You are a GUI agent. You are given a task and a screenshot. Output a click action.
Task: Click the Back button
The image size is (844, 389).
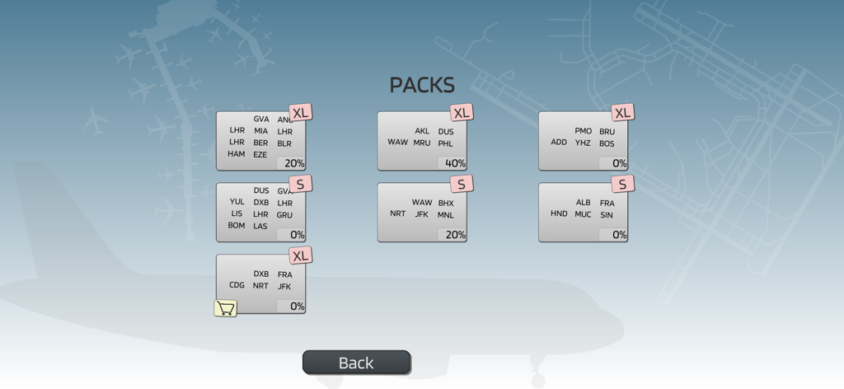point(356,363)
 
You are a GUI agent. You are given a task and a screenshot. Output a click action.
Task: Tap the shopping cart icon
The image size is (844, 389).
point(226,308)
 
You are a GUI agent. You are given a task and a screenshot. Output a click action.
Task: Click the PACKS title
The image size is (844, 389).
point(422,85)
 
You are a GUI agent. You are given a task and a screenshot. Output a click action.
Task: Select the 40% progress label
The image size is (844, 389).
point(455,163)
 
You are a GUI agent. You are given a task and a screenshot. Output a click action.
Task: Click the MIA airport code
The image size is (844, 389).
point(260,131)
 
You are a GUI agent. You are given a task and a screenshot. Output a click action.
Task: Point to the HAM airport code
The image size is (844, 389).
point(237,154)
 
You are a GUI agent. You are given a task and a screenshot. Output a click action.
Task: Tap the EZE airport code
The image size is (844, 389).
point(260,155)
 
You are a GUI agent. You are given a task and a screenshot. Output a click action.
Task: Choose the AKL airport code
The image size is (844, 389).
point(422,131)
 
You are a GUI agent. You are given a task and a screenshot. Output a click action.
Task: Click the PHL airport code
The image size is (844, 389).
point(446,143)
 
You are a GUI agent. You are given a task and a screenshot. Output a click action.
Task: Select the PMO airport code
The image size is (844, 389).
point(584,131)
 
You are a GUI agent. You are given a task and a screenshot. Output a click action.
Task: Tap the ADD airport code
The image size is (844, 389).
point(559,142)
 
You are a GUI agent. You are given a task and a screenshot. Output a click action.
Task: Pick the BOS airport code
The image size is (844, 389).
point(607,143)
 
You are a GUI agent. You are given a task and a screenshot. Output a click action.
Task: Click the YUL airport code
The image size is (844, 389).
point(237,202)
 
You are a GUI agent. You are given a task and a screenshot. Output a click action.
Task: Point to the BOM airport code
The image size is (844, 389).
point(237,225)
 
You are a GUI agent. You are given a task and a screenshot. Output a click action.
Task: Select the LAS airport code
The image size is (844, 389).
point(260,227)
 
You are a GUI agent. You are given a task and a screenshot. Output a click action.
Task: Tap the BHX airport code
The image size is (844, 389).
point(446,203)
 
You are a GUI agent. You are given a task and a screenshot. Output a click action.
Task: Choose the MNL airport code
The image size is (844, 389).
point(446,215)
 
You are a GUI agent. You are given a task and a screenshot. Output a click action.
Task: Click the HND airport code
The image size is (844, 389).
point(559,213)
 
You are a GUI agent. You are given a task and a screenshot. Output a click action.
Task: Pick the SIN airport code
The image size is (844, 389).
point(607,215)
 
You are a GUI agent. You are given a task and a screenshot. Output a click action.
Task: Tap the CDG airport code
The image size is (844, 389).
point(237,285)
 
